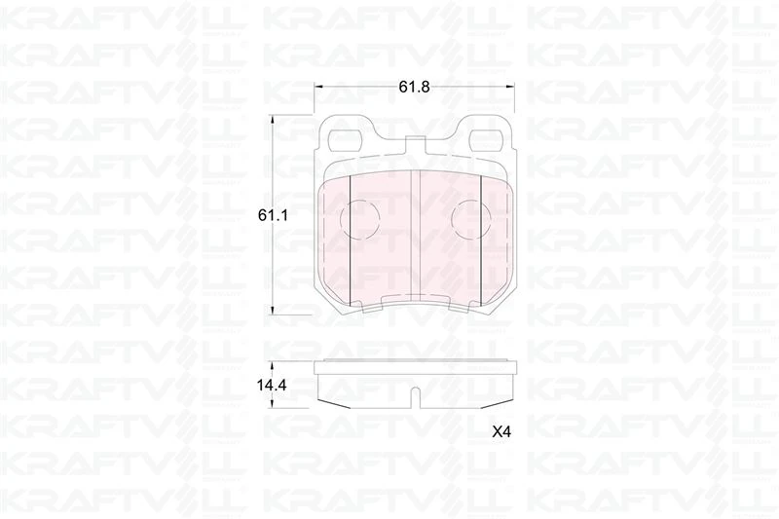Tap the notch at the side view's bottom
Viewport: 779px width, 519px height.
coord(415,397)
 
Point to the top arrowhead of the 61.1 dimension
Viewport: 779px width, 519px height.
coord(273,117)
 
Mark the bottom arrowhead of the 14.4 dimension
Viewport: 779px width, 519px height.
coord(273,404)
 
